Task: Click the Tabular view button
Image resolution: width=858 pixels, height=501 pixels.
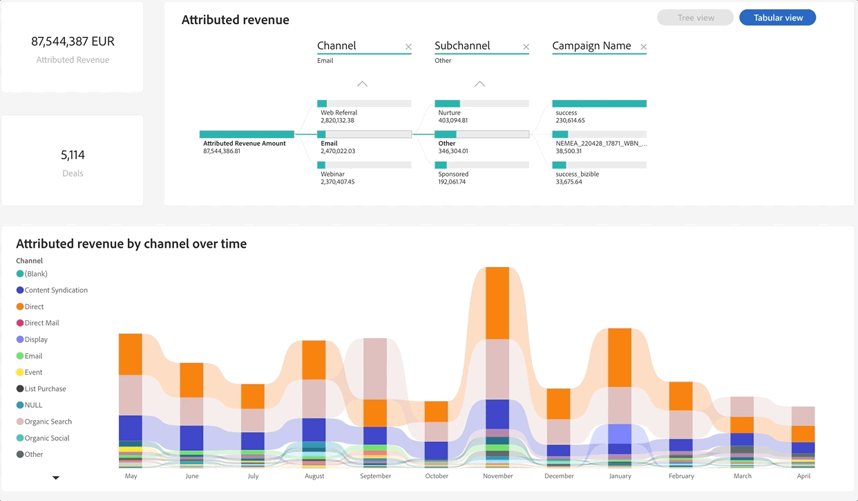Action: click(777, 18)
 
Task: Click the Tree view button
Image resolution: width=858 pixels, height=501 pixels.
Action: click(695, 18)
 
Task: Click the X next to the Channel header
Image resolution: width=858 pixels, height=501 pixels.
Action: click(408, 47)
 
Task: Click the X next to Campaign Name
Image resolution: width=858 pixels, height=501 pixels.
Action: click(643, 47)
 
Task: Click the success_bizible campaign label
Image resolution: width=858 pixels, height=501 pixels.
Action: click(577, 174)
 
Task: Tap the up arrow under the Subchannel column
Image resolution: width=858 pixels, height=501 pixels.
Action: click(479, 83)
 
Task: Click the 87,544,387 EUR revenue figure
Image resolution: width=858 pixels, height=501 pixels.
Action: click(73, 41)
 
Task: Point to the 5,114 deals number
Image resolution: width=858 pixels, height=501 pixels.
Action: click(73, 155)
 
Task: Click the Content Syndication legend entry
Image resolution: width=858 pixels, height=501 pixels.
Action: click(55, 291)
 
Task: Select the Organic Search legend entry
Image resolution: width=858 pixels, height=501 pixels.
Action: click(48, 422)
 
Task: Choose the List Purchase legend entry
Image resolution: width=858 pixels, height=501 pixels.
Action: click(46, 389)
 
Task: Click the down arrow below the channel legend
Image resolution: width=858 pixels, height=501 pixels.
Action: click(56, 478)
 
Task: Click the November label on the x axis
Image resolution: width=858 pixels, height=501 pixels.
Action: click(497, 476)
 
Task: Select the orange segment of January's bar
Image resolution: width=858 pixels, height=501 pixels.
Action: click(620, 357)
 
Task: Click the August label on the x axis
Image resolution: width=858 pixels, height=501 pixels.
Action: click(314, 476)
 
